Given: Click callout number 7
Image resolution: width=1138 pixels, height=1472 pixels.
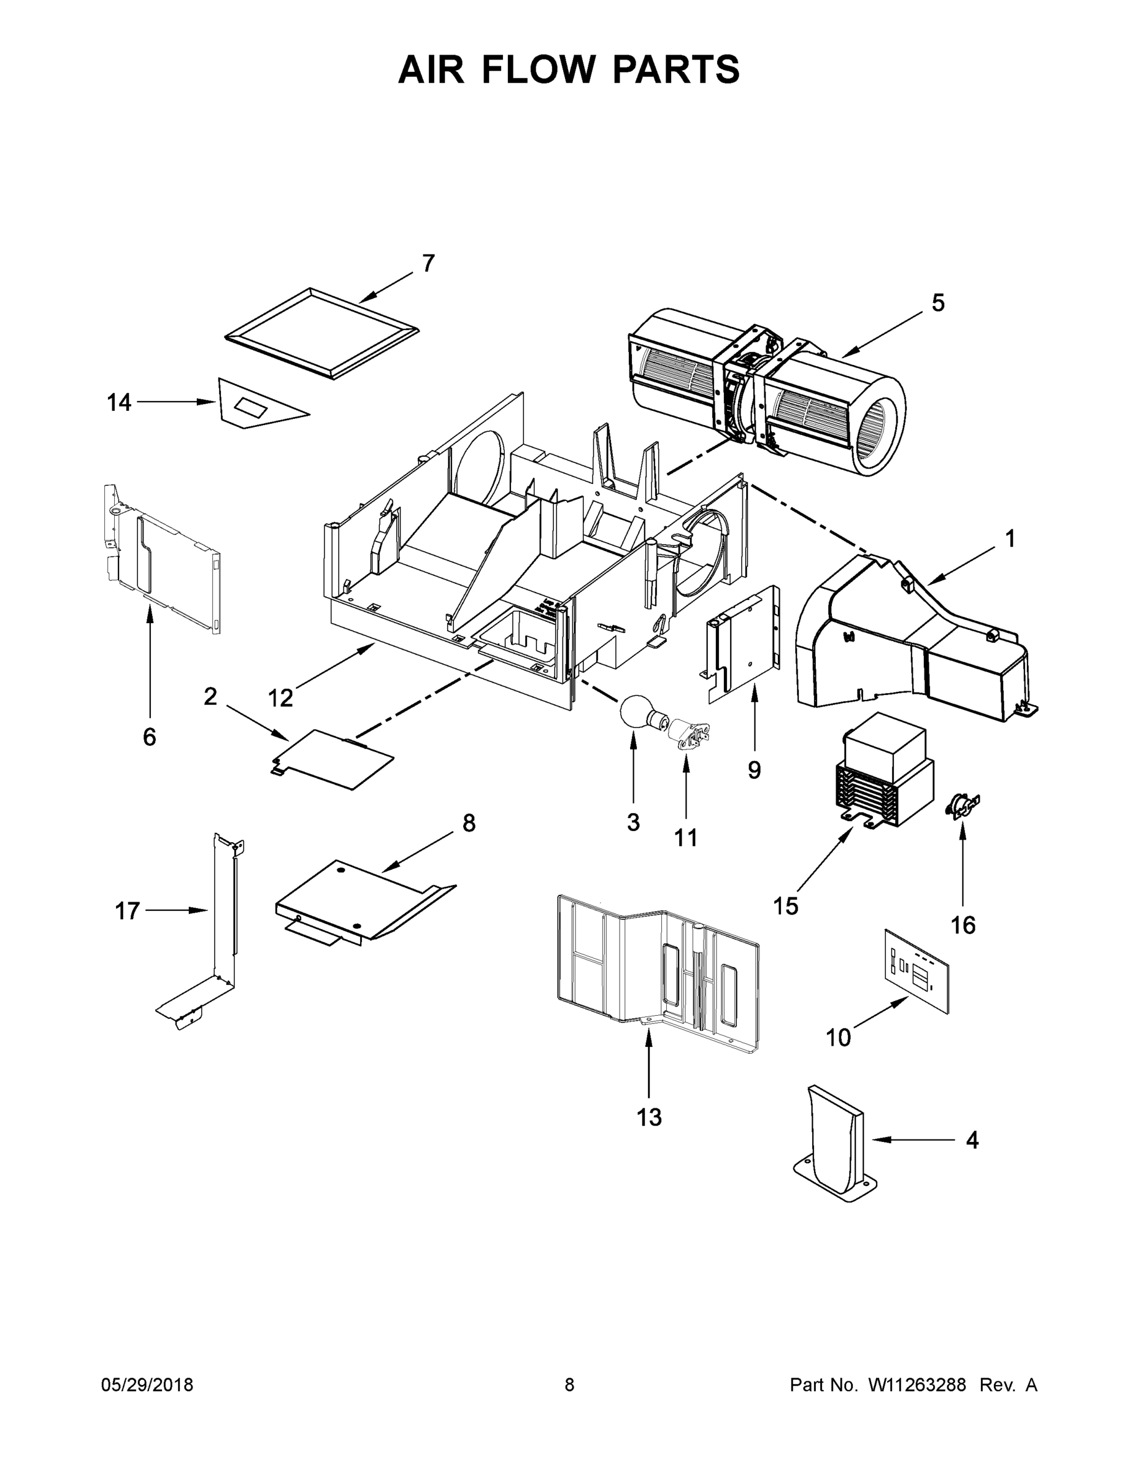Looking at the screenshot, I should pos(428,263).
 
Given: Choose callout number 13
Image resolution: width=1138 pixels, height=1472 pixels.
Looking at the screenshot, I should pos(649,1118).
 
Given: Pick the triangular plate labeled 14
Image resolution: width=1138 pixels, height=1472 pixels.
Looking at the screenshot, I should pos(256,404).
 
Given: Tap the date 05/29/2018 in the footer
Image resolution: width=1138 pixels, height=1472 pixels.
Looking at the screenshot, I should pos(147,1385).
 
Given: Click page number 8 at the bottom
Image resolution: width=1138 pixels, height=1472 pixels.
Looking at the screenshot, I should pos(569,1385).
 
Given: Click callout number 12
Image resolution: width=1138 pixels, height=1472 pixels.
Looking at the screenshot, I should pos(280,698).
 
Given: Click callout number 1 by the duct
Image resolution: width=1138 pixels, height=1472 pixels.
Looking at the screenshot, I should pos(1009,539).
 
